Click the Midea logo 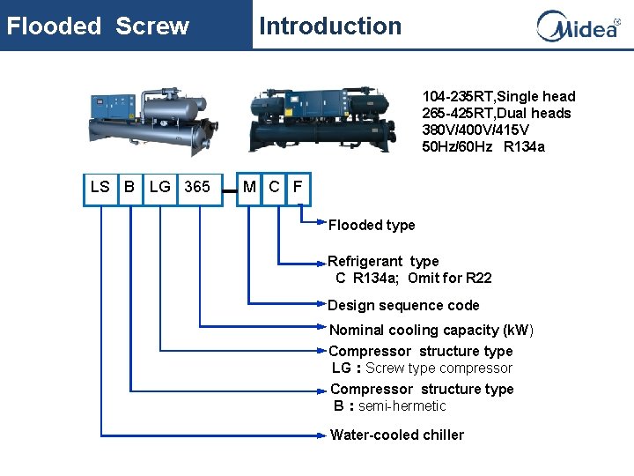click(x=578, y=26)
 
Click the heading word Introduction click(x=330, y=26)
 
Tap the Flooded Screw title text click(x=98, y=26)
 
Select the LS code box click(x=100, y=187)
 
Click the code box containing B click(x=129, y=187)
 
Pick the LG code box click(x=160, y=187)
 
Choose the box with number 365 click(x=197, y=187)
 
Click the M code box click(x=250, y=187)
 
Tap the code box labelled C click(x=275, y=187)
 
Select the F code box click(x=299, y=187)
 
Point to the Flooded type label click(x=372, y=226)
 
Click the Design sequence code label click(x=403, y=306)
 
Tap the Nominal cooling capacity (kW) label click(x=431, y=331)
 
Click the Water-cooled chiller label click(x=396, y=435)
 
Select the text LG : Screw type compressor click(x=422, y=368)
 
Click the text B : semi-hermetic click(x=389, y=406)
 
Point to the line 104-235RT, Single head click(x=498, y=96)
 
